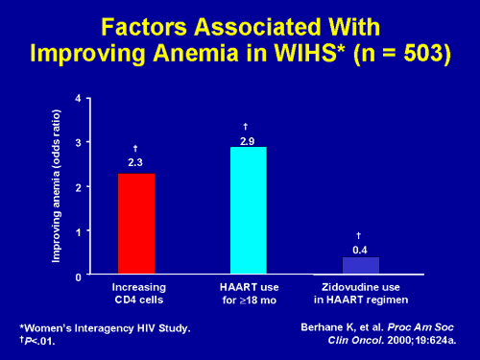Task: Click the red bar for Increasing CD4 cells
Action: (x=135, y=224)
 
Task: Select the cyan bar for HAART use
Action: (x=247, y=210)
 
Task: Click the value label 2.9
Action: (x=247, y=141)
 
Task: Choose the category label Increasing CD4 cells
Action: (x=135, y=293)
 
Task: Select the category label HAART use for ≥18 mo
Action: (x=247, y=293)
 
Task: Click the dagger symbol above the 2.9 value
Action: (x=247, y=127)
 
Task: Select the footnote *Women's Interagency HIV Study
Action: (x=106, y=328)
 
